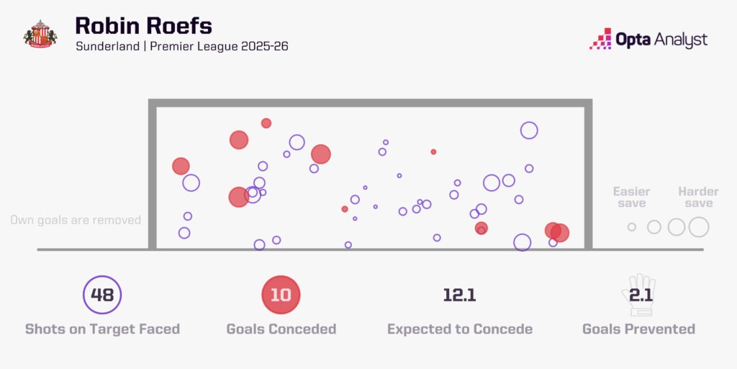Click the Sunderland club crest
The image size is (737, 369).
coord(40,33)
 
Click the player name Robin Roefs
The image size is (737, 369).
coord(143,27)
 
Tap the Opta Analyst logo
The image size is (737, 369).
coord(648,39)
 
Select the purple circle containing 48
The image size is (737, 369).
coord(102,295)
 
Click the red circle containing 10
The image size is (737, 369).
coord(281,295)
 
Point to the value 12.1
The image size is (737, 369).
coord(460,295)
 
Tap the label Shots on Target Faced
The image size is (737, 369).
coord(102,329)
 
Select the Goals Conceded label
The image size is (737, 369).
coord(281,329)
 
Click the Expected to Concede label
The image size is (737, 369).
coord(460,329)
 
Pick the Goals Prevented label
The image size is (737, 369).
coord(638,329)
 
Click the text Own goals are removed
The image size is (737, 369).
coord(76,220)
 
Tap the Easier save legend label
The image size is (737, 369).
coord(631,197)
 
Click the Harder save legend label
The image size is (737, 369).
coord(698,197)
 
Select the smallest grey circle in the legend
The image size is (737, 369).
coord(632,227)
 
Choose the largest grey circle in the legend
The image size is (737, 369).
coord(699,227)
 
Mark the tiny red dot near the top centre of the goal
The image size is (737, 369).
coord(433,152)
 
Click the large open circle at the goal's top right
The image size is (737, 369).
coord(529,130)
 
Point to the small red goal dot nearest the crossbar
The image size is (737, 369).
coord(266,123)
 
